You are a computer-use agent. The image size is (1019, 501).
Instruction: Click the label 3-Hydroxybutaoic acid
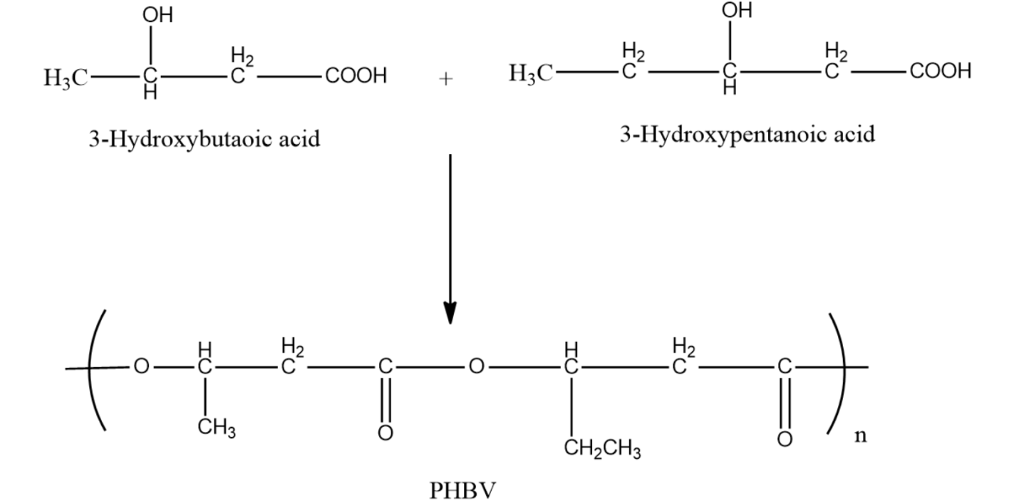point(204,138)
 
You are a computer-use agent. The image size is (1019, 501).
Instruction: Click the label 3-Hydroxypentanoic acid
point(746,133)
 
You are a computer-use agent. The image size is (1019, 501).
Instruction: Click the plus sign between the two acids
point(445,79)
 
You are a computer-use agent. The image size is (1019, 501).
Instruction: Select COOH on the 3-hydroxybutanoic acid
point(356,76)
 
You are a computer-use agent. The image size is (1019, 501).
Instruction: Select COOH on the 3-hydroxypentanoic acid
point(939,71)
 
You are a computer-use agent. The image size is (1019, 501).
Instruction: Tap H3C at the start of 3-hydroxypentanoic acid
point(531,73)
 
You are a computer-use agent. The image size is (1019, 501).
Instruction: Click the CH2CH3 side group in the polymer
point(602,450)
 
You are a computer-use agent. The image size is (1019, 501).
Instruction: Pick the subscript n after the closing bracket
point(861,435)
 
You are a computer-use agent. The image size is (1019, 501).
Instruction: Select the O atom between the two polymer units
point(476,367)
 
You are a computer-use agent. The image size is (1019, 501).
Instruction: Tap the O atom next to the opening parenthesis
point(141,367)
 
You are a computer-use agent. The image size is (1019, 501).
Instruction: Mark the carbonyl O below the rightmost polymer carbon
point(784,438)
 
